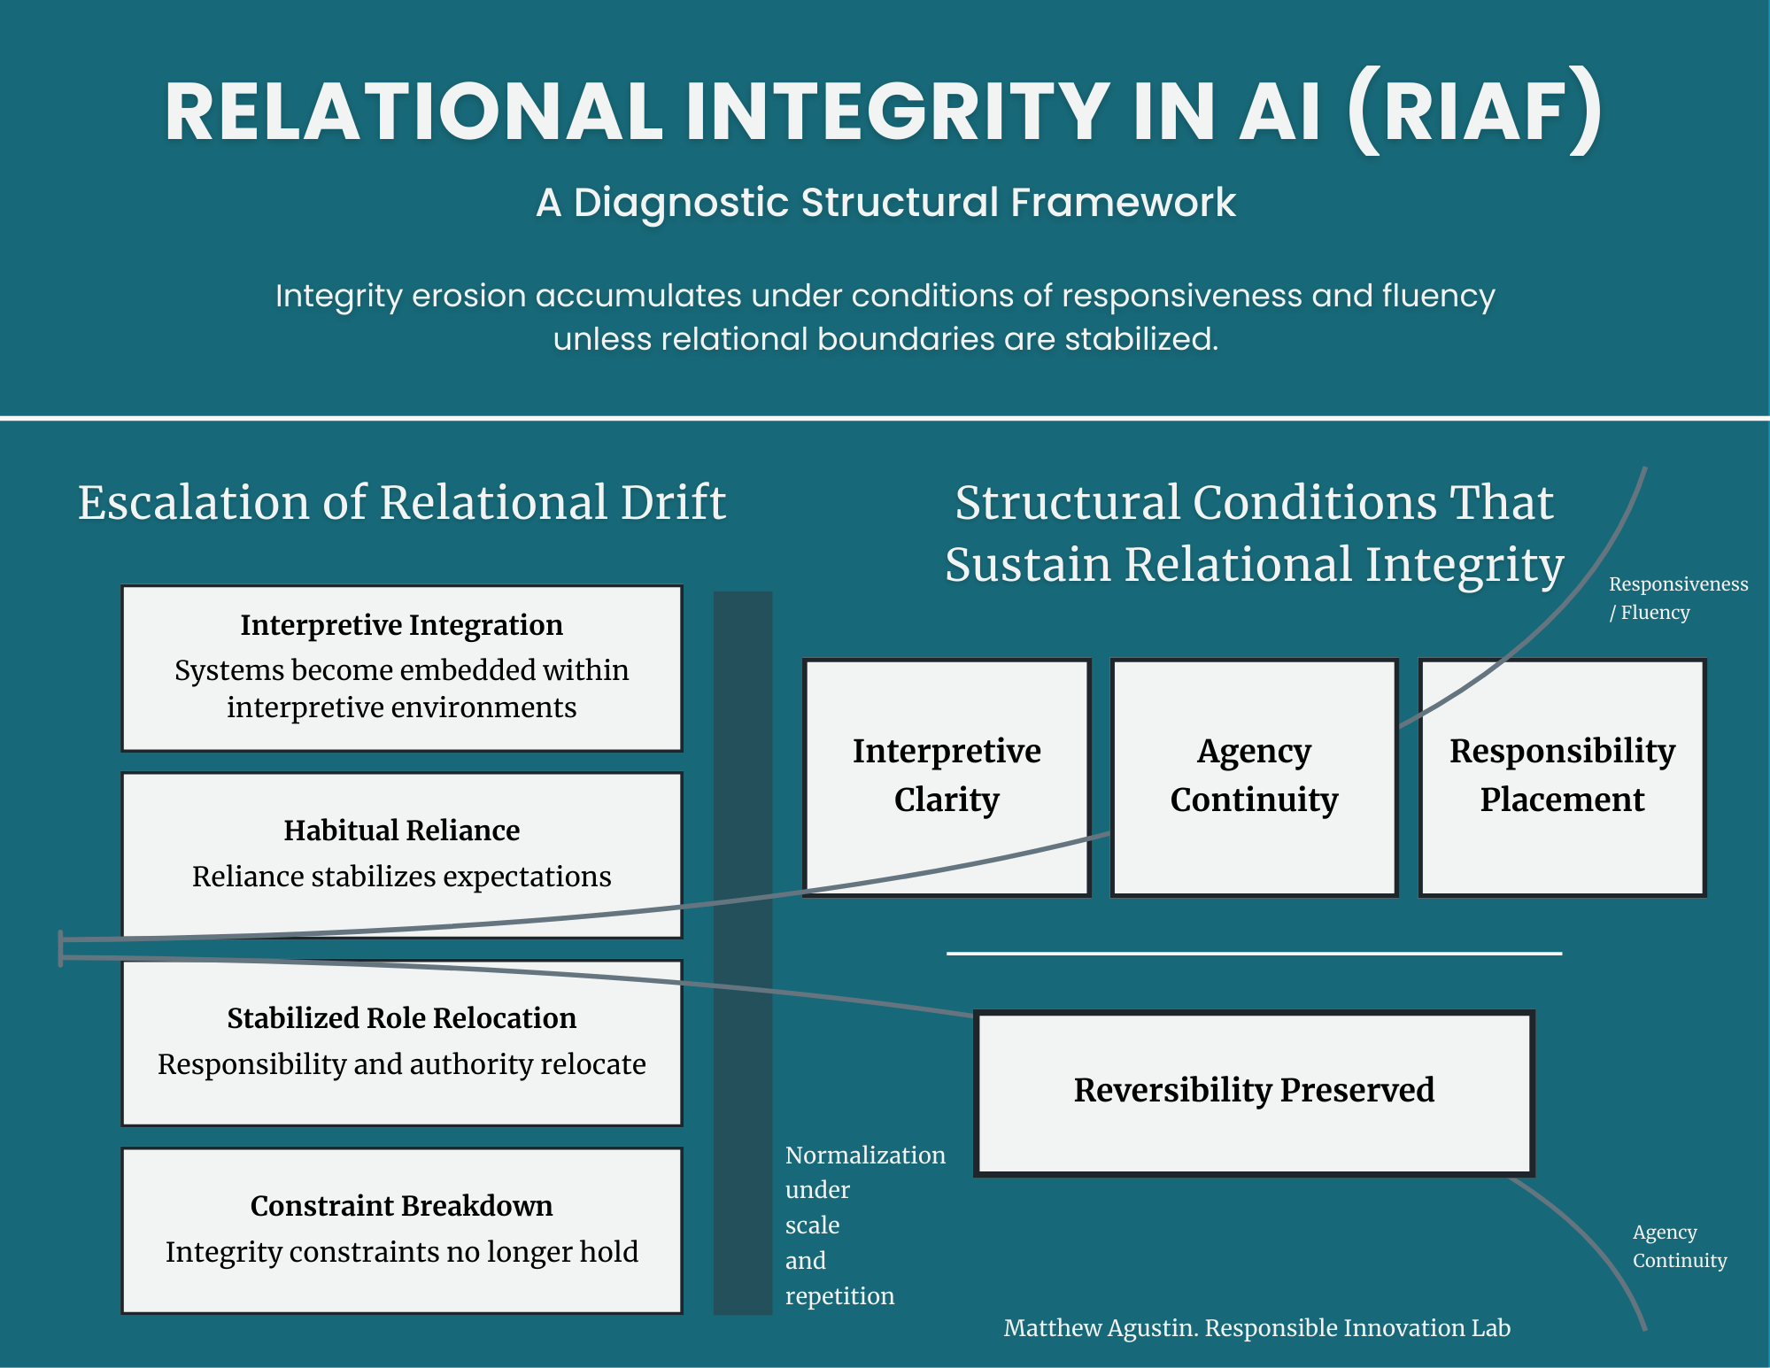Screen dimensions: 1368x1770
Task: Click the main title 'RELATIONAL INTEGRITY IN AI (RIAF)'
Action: tap(884, 112)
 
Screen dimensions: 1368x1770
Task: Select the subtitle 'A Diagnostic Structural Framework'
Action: tap(885, 203)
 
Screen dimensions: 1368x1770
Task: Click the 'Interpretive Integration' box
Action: tap(402, 668)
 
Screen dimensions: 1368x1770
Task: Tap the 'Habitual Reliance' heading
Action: tap(402, 831)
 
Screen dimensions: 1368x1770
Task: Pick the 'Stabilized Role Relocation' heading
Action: tap(402, 1018)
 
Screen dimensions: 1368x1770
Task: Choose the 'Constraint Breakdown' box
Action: tap(402, 1230)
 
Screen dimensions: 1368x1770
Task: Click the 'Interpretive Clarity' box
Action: tap(947, 776)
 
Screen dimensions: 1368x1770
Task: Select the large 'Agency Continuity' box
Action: tap(1254, 776)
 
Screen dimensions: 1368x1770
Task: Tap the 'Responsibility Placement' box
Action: tap(1562, 776)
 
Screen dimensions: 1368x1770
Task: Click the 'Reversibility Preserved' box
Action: tap(1254, 1091)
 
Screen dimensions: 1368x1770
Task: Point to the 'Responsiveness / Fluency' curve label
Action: tap(1677, 599)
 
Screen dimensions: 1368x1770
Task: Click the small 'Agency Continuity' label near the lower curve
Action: tap(1679, 1247)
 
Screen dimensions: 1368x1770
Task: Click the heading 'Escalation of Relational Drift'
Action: tap(402, 503)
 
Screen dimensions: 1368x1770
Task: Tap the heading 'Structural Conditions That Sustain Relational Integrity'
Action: tap(1254, 534)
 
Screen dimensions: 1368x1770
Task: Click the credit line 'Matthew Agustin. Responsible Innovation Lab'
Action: tap(1256, 1328)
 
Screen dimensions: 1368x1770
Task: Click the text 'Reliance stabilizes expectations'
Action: tap(402, 877)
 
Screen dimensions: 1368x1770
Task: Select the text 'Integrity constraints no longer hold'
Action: tap(402, 1252)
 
